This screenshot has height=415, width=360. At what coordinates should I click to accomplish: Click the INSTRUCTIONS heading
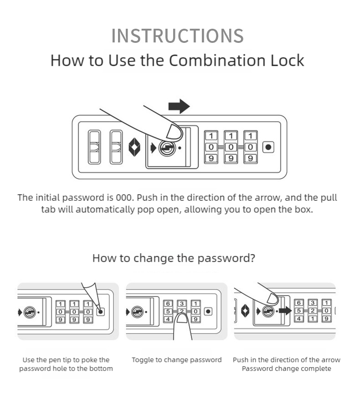coord(177,36)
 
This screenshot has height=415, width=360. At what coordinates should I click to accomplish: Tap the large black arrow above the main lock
coord(179,107)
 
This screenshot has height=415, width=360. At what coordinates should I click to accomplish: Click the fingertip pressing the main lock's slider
coord(174,131)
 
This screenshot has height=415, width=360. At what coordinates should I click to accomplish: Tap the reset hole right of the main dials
coord(268,147)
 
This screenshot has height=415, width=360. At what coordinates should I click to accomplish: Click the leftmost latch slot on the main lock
coord(94,147)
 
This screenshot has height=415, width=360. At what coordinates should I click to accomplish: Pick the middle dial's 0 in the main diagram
coord(231,147)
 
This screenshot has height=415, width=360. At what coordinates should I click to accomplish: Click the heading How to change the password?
coord(174,258)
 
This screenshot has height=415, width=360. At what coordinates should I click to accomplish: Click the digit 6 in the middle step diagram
coord(168,304)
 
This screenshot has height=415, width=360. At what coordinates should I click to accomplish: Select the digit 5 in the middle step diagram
coord(168,311)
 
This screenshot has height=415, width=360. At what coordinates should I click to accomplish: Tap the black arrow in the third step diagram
coord(285,311)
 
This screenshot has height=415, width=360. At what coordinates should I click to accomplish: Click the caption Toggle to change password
coord(177,360)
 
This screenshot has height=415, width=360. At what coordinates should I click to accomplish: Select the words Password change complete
coord(286,368)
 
